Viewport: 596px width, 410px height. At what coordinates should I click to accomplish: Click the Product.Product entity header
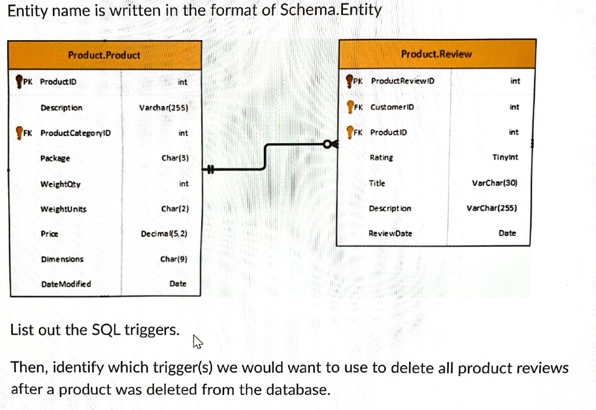(x=104, y=55)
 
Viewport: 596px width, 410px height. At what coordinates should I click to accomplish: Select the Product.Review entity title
(x=437, y=54)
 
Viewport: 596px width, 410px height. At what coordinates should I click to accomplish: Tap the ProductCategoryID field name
(x=75, y=133)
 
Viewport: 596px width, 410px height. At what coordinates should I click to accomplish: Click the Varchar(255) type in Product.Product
(x=164, y=108)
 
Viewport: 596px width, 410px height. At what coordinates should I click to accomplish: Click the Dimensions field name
(x=62, y=259)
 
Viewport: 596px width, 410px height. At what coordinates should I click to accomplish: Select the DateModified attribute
(x=66, y=284)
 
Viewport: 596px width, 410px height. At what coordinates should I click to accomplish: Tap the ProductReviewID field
(x=402, y=81)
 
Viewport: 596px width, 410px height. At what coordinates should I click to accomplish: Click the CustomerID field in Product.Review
(x=392, y=107)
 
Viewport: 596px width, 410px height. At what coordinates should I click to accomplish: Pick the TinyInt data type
(x=505, y=158)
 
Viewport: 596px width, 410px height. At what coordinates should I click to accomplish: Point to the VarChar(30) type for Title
(x=494, y=183)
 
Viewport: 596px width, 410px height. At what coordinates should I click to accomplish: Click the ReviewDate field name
(x=390, y=233)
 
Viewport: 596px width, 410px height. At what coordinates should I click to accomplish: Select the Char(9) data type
(x=173, y=259)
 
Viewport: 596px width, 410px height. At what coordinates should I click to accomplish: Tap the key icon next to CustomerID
(x=350, y=107)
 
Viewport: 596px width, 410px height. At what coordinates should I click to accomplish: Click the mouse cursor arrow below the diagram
(x=197, y=344)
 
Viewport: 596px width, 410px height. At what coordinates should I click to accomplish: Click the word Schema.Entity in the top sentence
(x=331, y=10)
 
